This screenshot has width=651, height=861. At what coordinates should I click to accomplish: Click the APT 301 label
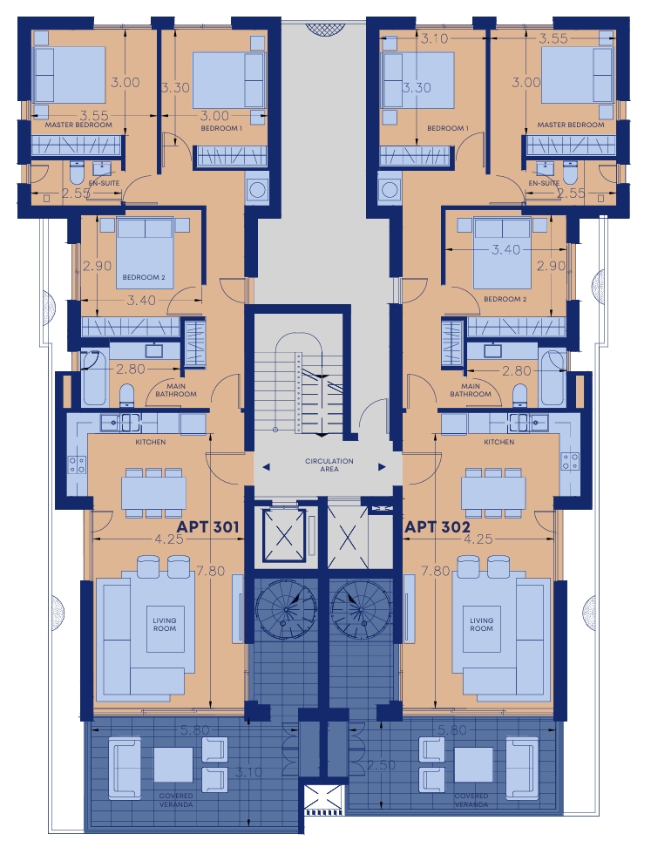click(x=207, y=527)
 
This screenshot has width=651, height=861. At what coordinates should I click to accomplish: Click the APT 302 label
click(x=437, y=527)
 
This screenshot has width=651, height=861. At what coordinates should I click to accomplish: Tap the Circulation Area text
click(x=329, y=465)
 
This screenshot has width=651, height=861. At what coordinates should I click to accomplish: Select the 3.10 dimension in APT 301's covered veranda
click(x=248, y=772)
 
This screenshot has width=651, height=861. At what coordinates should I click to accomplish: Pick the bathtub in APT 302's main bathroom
click(x=552, y=379)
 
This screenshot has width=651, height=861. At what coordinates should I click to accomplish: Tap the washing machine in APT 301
click(x=257, y=190)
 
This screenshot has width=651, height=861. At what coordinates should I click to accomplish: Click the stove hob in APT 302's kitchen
click(x=570, y=463)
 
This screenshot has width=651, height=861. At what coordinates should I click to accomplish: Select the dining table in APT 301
click(x=153, y=493)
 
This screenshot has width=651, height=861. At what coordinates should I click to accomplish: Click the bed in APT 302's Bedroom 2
click(x=502, y=253)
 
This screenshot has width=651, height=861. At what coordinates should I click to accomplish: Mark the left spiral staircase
click(x=286, y=610)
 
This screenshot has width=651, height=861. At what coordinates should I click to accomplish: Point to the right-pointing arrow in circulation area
click(x=382, y=467)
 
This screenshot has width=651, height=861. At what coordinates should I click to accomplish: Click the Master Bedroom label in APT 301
click(x=78, y=125)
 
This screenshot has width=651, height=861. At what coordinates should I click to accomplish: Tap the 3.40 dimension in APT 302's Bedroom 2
click(x=505, y=250)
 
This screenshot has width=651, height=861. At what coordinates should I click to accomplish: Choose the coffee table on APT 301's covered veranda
click(x=173, y=765)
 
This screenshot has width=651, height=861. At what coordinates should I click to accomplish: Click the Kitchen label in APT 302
click(x=499, y=442)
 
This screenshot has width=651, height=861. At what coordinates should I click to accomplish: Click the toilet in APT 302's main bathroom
click(x=519, y=396)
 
